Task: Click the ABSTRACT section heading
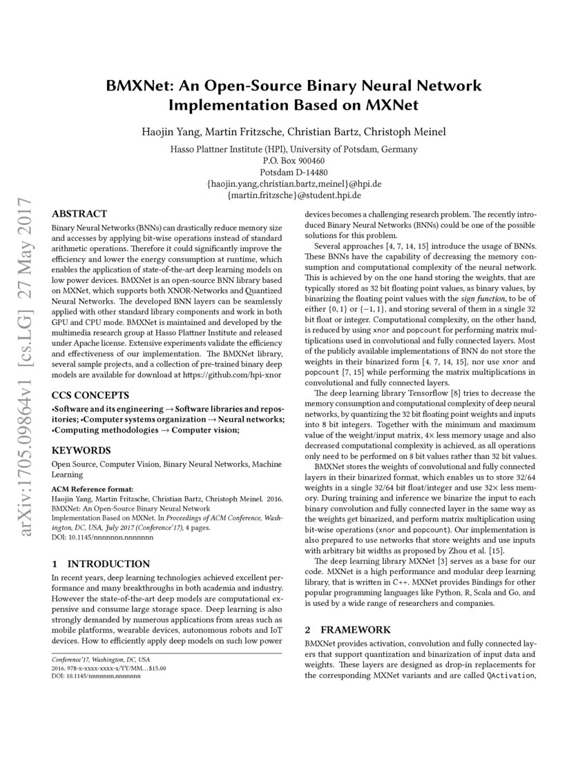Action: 79,214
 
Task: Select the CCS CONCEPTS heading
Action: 90,395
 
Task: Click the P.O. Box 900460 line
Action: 293,161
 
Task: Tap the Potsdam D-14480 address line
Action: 293,172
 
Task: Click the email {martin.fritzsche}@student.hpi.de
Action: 293,195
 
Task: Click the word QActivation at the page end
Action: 511,675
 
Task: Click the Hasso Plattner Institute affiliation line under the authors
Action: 293,149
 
